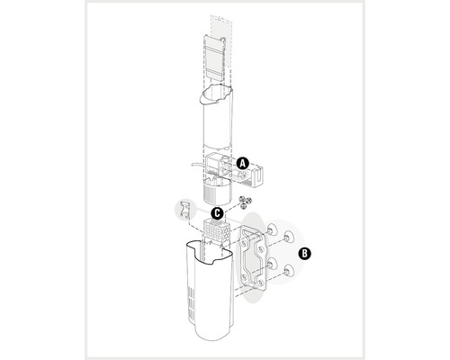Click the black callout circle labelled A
(242, 163)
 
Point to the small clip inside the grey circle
(184, 210)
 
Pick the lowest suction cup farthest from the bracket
(289, 271)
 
